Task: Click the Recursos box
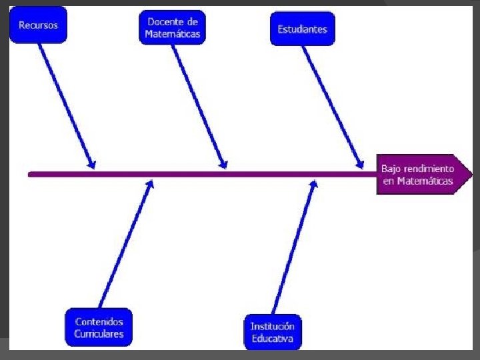[38, 25]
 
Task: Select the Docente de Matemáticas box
[173, 28]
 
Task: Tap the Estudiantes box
[303, 29]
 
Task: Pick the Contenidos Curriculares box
[99, 327]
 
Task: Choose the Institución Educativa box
[272, 331]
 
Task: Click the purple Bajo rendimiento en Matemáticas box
[420, 175]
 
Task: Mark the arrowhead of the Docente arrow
[225, 164]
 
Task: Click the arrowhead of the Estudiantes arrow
[361, 164]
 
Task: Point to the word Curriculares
[99, 334]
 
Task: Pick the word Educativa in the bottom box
[272, 338]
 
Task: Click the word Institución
[272, 326]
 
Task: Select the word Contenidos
[99, 321]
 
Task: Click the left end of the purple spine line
[30, 174]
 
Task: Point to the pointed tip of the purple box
[471, 175]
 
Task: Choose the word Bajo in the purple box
[391, 169]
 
